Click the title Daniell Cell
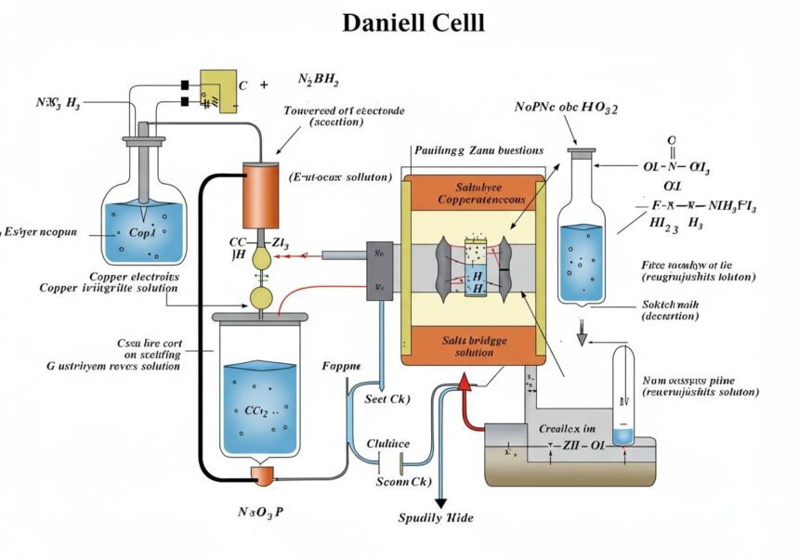point(413,22)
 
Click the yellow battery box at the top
point(218,91)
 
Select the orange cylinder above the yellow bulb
point(261,196)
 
